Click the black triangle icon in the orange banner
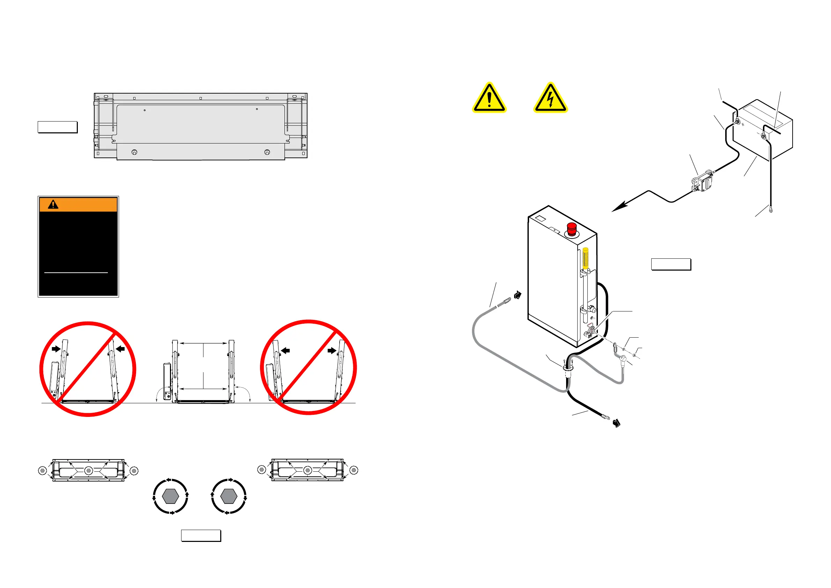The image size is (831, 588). (x=53, y=205)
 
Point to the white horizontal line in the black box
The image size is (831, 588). (x=76, y=272)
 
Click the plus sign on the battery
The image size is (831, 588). (x=743, y=125)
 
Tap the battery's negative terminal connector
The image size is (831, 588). (x=763, y=136)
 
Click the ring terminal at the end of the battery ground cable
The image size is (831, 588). (x=771, y=210)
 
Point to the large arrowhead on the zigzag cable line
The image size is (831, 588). (x=619, y=207)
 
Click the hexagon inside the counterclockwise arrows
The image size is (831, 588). (x=170, y=496)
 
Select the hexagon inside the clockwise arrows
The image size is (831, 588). (x=229, y=496)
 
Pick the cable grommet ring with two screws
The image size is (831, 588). (x=568, y=367)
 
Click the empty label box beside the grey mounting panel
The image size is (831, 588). (x=58, y=127)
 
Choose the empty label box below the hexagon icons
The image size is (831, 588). (x=201, y=536)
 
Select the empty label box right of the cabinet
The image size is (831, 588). (x=671, y=264)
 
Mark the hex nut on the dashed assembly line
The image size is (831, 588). (x=634, y=355)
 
